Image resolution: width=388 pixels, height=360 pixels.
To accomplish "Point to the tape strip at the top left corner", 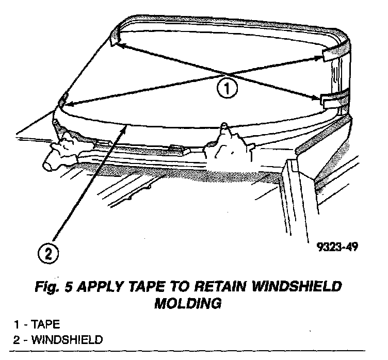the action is (115, 37).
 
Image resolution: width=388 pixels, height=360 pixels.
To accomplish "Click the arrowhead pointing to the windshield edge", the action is (123, 129).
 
